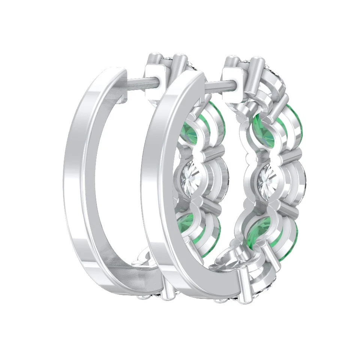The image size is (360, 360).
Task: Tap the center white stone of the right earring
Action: pos(268,179)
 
